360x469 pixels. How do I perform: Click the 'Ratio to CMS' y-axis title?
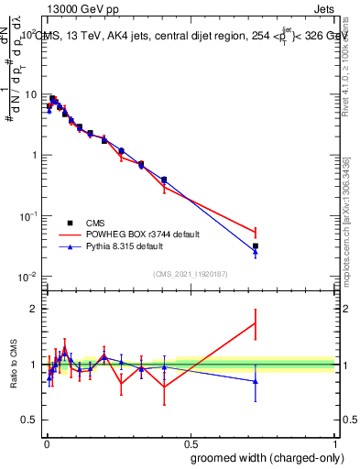14,365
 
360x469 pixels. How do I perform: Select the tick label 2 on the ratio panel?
33,309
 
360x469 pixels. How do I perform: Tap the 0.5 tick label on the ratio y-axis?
28,420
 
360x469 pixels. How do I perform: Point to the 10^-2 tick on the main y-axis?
27,277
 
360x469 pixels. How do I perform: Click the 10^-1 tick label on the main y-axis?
27,215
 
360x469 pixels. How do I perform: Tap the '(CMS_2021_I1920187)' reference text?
189,273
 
